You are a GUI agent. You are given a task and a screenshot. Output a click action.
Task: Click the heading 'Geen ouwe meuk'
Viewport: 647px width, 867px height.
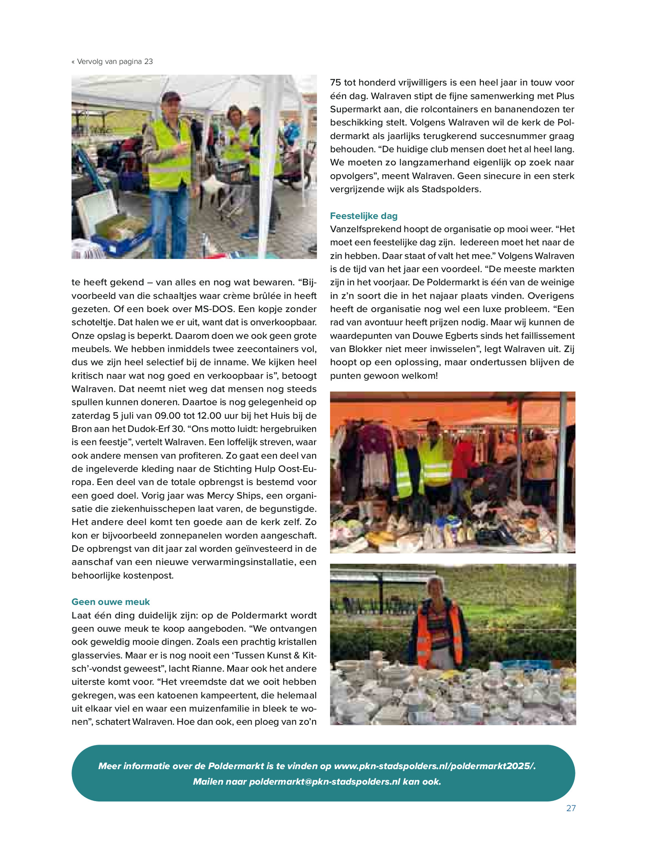(x=110, y=602)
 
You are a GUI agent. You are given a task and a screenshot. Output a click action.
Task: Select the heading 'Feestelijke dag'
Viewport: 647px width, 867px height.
(x=364, y=216)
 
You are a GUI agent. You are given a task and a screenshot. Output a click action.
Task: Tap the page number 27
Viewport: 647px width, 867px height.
(x=571, y=808)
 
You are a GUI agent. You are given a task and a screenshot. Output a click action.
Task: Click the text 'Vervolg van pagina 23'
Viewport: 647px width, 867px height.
(x=115, y=61)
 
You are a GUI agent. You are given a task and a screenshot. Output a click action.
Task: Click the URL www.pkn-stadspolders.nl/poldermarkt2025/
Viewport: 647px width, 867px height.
(x=435, y=766)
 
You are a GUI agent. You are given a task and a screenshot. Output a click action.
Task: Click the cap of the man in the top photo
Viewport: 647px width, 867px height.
(x=171, y=96)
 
